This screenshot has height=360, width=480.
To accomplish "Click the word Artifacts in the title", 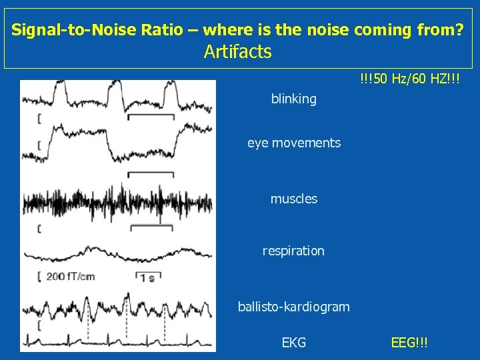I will [x=237, y=51].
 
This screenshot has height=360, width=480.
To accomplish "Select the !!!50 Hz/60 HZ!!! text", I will [x=409, y=80].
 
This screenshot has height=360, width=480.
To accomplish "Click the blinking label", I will [x=293, y=99].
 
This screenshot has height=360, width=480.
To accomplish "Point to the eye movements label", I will [x=293, y=143].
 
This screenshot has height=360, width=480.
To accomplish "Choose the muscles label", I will [x=293, y=199].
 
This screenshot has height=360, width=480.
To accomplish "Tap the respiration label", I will [x=293, y=251].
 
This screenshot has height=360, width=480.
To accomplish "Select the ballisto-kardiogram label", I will [x=293, y=307].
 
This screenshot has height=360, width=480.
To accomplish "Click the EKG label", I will [x=293, y=343].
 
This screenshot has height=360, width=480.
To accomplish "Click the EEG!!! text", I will [x=409, y=343].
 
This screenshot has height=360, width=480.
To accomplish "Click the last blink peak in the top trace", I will [x=176, y=93].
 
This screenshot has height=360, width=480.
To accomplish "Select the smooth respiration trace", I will [x=117, y=254].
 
